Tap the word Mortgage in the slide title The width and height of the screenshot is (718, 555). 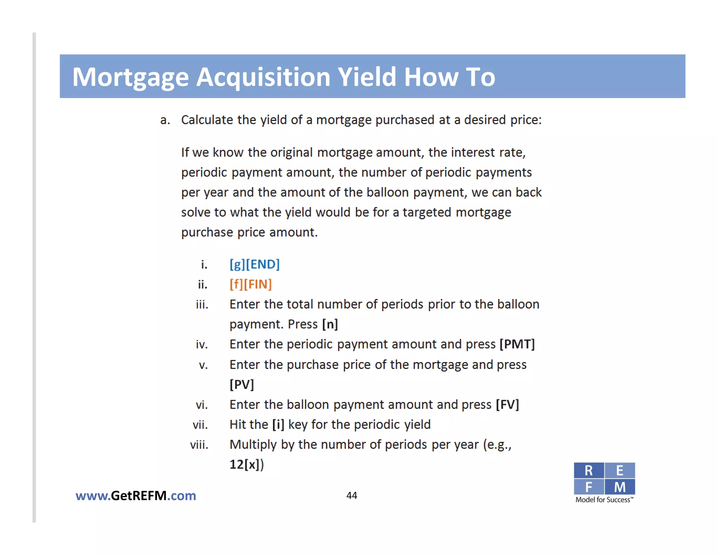coord(130,78)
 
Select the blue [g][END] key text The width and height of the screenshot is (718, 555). coord(255,264)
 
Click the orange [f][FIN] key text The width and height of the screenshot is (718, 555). coord(251,284)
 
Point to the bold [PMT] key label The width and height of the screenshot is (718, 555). coord(517,344)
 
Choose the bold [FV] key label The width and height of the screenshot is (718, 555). coord(507,404)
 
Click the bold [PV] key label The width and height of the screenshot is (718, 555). coord(242,385)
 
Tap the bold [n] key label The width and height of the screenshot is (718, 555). coord(330,324)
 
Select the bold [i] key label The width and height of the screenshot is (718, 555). coord(278,424)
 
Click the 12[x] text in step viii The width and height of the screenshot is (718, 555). coord(246,464)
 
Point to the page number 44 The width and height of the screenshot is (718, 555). coord(352,495)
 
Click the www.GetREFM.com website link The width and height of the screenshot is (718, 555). coord(136,496)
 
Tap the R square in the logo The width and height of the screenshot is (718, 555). coord(589,470)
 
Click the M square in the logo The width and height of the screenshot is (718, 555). coord(620,487)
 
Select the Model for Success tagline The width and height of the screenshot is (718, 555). coord(604,500)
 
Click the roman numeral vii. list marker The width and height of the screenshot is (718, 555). coord(200,425)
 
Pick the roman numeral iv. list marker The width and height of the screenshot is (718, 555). coord(202,345)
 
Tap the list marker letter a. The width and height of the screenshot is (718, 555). coord(165,120)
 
